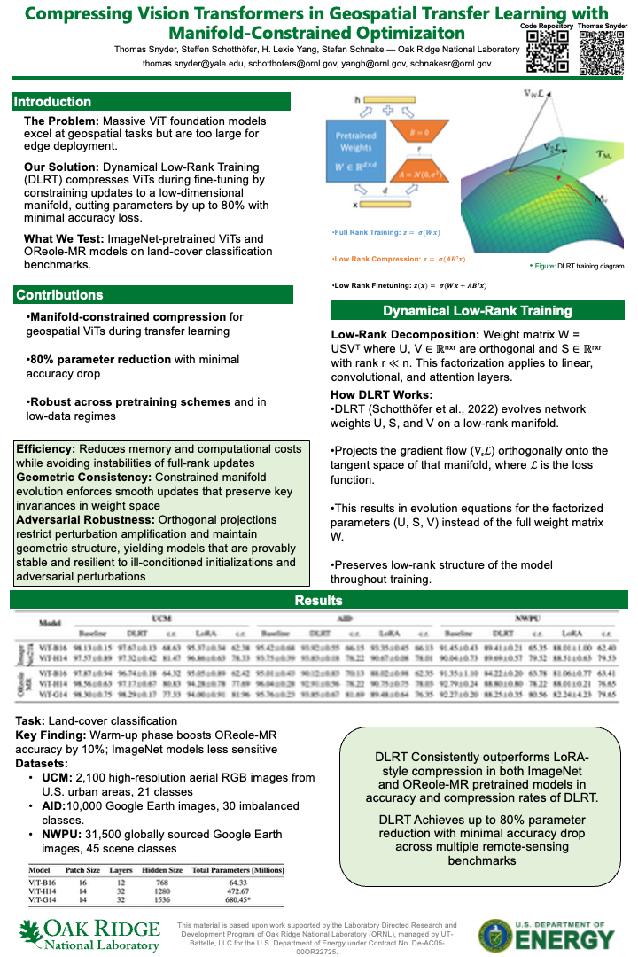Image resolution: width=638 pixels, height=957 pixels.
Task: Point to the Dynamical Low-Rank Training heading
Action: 478,311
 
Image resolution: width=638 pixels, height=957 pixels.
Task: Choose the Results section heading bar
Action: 318,601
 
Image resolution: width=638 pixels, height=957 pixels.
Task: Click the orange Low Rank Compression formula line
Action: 398,259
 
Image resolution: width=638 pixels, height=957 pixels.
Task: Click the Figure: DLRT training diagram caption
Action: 577,265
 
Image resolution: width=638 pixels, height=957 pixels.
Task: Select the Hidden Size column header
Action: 162,870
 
